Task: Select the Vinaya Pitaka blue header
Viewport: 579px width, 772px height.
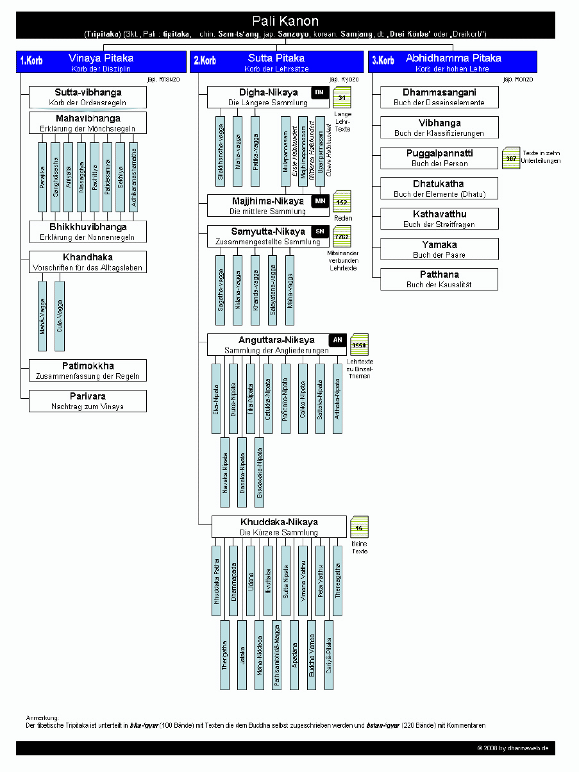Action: (101, 62)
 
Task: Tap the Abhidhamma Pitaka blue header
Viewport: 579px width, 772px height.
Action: (453, 62)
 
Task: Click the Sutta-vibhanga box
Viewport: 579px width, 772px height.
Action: (88, 97)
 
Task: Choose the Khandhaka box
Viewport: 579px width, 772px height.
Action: (88, 261)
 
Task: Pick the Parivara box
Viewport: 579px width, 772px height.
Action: (88, 401)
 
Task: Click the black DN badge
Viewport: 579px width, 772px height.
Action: (319, 93)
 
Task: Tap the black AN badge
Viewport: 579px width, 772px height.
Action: (337, 340)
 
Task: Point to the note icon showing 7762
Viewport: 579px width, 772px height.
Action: (342, 237)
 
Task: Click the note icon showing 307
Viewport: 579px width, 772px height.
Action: (510, 158)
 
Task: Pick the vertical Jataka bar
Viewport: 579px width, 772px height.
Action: (242, 654)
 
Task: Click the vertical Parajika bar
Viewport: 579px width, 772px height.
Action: (42, 178)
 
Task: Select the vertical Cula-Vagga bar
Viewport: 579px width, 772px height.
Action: (60, 316)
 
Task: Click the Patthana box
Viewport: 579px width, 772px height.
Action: (439, 279)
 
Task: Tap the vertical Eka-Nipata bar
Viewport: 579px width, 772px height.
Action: (217, 399)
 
